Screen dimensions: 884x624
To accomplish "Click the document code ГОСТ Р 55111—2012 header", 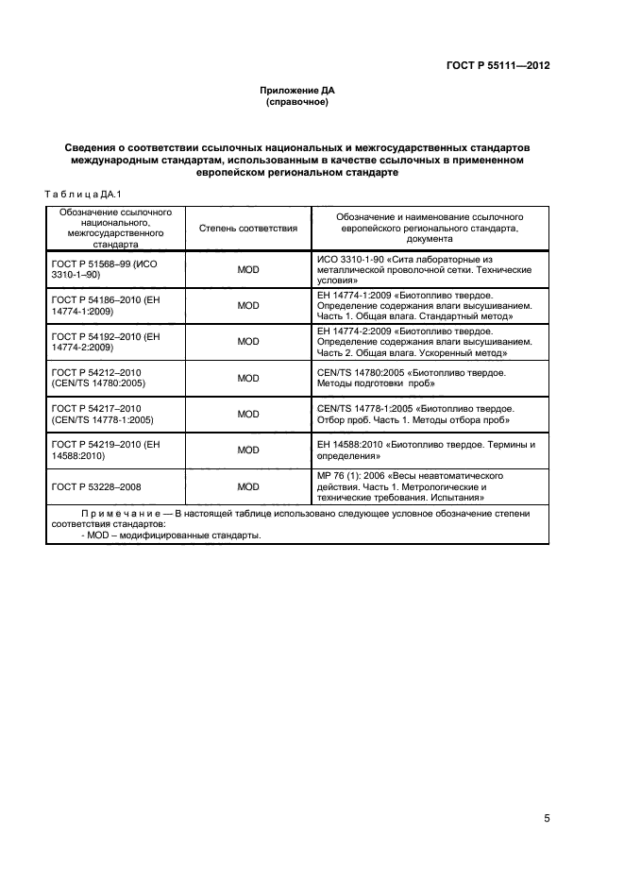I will pos(498,66).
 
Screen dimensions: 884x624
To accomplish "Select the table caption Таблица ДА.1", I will pos(78,194).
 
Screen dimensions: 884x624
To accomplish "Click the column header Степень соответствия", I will pos(248,228).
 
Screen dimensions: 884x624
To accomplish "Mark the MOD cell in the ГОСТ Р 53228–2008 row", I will pos(248,486).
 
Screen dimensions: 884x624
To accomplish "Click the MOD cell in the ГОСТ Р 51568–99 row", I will pos(248,269).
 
